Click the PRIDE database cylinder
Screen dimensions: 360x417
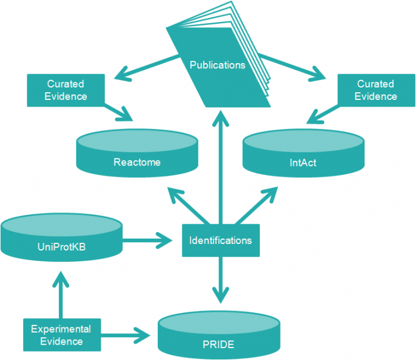(x=219, y=336)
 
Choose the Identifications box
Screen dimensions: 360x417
(x=220, y=240)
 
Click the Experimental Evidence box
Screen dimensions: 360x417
(x=61, y=334)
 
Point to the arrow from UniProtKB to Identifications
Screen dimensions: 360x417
(x=146, y=240)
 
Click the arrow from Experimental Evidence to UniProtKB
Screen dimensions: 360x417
(x=60, y=295)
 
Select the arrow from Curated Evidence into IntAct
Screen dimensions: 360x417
(x=322, y=110)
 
